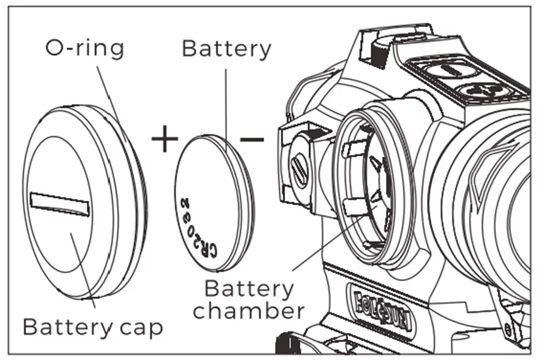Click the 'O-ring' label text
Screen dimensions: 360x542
tap(84, 48)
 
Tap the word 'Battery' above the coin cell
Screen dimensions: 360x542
tap(226, 49)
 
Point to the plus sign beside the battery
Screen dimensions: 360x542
tap(165, 140)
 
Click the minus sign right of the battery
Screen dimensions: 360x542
tap(252, 140)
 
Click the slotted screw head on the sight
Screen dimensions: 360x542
tap(300, 168)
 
